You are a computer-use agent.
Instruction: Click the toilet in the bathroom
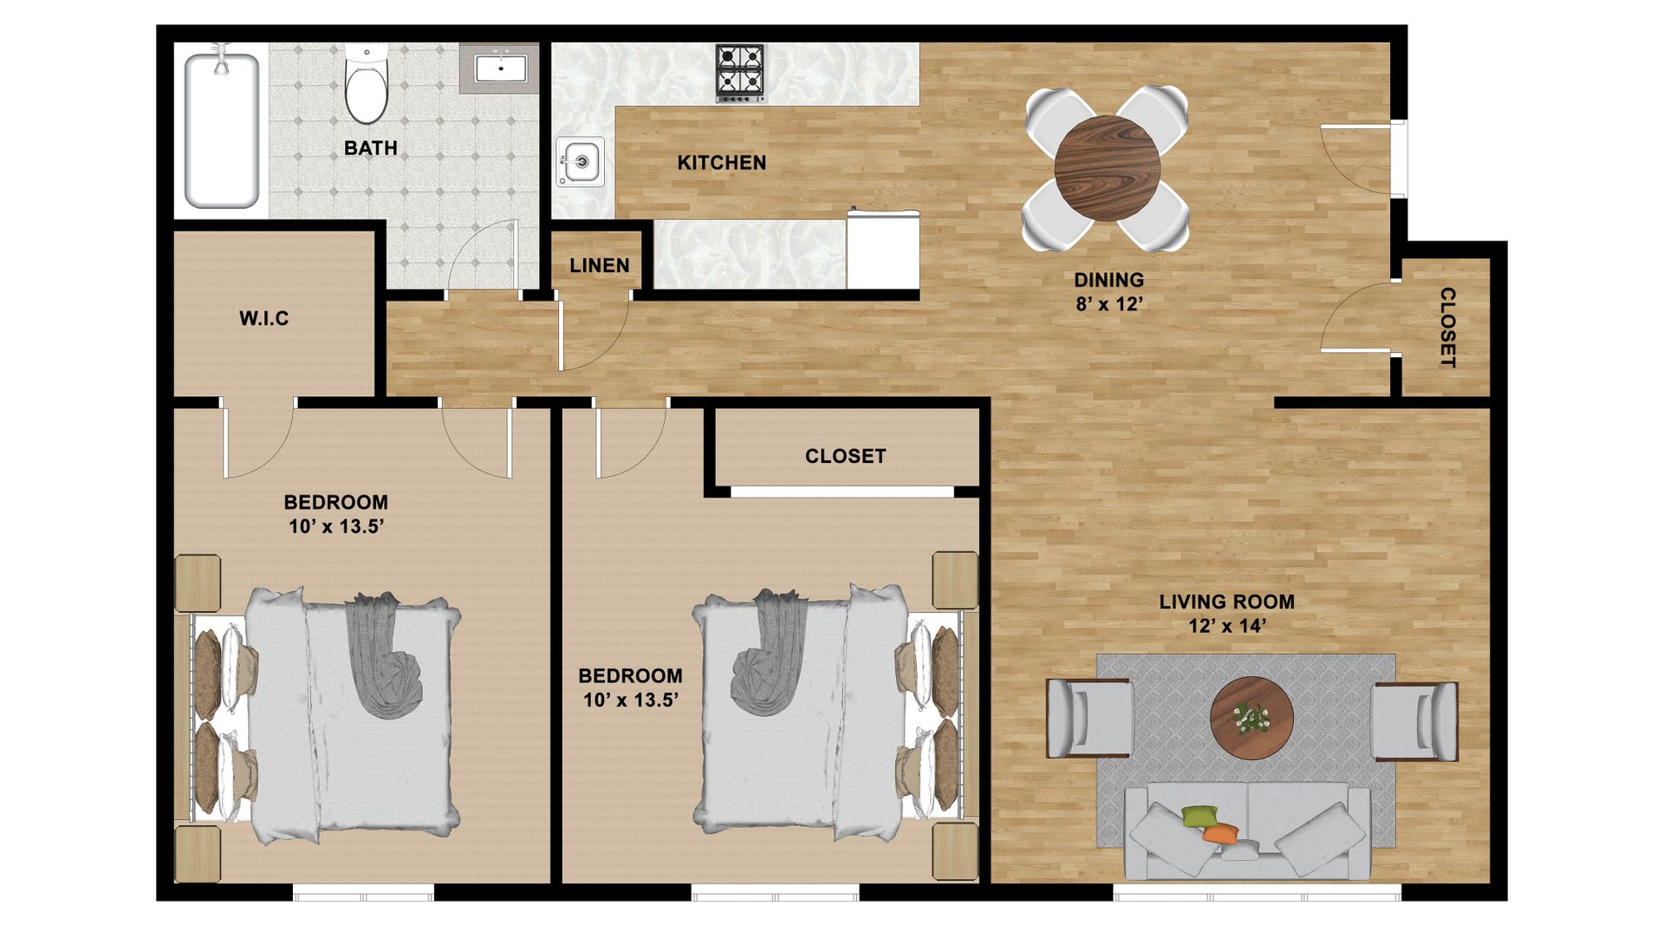pos(367,84)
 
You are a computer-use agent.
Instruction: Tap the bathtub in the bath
pos(222,130)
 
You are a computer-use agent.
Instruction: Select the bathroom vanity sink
pos(501,68)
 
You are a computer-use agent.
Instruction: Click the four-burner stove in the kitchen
pos(740,72)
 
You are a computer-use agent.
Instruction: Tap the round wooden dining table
pos(1107,168)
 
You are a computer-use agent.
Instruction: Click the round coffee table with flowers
pos(1251,719)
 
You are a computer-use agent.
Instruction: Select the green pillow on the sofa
pos(1199,816)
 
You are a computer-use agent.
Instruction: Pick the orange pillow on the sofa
pos(1221,834)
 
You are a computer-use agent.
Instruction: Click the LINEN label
pos(599,265)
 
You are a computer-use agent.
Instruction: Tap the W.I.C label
pos(263,318)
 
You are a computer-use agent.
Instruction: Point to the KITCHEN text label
pos(721,162)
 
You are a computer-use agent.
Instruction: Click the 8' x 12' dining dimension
pos(1109,303)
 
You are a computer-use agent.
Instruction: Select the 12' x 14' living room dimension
pos(1227,625)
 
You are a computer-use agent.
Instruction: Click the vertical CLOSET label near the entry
pos(1447,327)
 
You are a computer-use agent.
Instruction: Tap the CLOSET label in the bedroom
pos(845,456)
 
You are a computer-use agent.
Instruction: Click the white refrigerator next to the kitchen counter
pos(882,250)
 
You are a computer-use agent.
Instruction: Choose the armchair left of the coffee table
pos(1089,719)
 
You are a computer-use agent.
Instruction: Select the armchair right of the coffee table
pos(1414,721)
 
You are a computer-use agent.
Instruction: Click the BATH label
pos(370,148)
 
